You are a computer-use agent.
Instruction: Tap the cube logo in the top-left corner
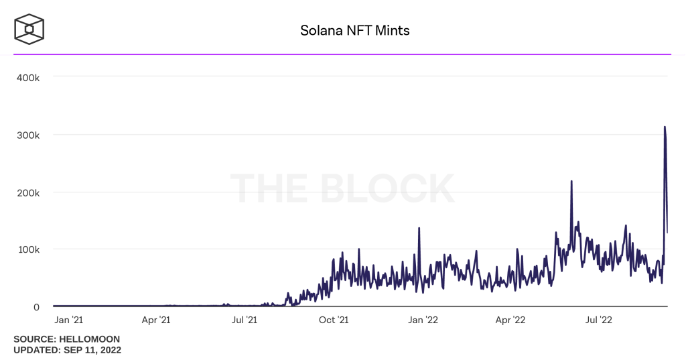click(x=29, y=29)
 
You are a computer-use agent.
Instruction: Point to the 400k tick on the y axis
click(x=28, y=78)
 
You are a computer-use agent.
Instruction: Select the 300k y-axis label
click(x=28, y=135)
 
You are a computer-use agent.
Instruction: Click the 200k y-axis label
click(x=28, y=192)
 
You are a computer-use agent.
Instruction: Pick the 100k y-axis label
click(x=28, y=249)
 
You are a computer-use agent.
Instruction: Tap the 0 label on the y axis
click(x=37, y=306)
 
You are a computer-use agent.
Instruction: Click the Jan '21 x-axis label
click(x=69, y=320)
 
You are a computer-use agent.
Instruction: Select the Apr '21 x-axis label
click(x=156, y=320)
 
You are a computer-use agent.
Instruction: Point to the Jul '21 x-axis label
click(x=244, y=320)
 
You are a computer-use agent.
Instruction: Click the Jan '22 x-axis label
click(x=423, y=320)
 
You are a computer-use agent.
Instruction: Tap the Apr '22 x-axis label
click(x=511, y=320)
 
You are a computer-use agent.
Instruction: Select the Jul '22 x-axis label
click(x=599, y=320)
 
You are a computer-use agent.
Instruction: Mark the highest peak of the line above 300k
click(x=665, y=127)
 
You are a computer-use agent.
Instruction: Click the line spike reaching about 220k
click(x=571, y=182)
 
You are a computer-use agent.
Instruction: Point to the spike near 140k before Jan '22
click(x=419, y=229)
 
